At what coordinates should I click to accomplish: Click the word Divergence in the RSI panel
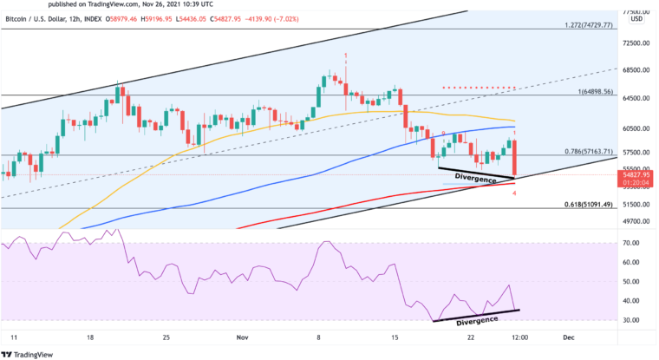click(x=478, y=320)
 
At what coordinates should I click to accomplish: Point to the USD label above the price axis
click(x=636, y=18)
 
